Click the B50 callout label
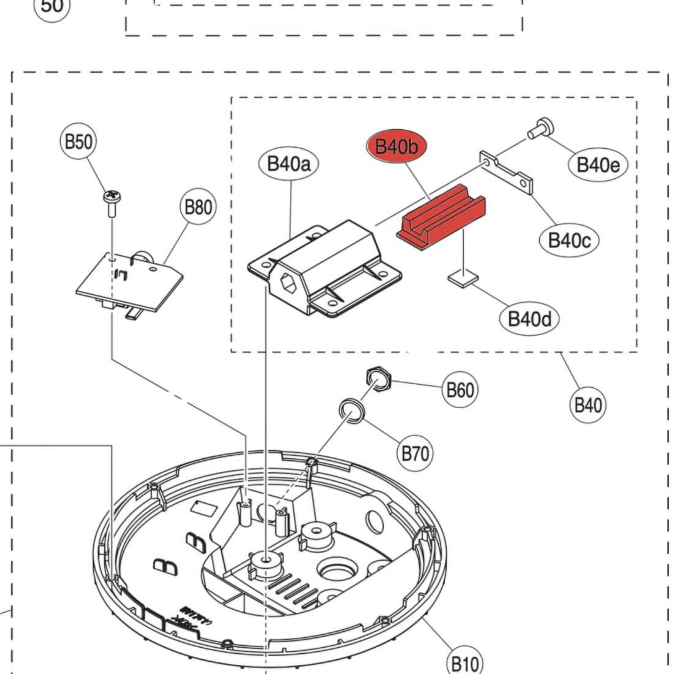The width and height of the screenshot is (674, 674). click(78, 142)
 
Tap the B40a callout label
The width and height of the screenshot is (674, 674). click(289, 164)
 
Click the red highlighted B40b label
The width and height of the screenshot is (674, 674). click(396, 146)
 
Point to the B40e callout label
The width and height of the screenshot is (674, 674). click(598, 164)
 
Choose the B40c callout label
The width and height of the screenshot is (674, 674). click(569, 239)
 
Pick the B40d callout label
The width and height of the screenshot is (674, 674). click(529, 319)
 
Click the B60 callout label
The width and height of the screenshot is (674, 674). click(460, 390)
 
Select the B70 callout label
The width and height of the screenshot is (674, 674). click(415, 453)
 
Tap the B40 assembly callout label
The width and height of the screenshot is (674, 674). click(588, 405)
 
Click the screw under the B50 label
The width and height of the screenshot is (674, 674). click(112, 203)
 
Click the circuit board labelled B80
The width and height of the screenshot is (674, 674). click(131, 282)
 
